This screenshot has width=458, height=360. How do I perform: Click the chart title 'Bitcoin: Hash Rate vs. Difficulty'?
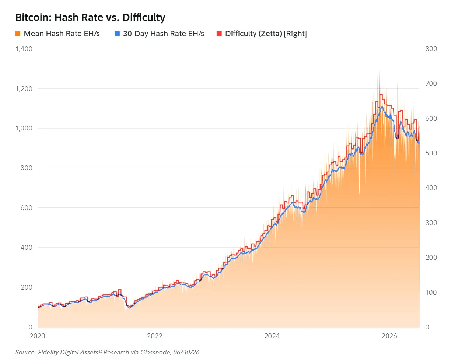point(90,17)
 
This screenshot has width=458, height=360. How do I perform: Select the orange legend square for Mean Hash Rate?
point(18,34)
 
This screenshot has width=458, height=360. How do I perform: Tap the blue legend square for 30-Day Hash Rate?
point(117,34)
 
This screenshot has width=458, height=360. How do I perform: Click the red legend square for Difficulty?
point(219,34)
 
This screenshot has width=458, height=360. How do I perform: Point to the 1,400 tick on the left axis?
point(24,49)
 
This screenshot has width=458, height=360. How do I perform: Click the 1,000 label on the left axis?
point(24,128)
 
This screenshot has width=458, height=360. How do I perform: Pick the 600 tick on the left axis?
point(27,208)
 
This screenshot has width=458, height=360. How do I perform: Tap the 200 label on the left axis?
point(27,287)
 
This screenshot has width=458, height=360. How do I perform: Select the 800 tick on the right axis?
point(431,49)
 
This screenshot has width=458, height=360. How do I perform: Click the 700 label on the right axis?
point(431,84)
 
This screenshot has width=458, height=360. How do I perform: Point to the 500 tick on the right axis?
point(431,153)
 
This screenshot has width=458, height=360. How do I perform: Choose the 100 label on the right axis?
point(431,293)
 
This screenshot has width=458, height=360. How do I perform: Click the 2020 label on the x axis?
point(38,336)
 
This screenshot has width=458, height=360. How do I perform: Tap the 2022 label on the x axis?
point(155,336)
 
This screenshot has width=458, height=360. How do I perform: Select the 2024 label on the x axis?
point(272,336)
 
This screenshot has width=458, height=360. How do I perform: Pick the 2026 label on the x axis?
point(389,336)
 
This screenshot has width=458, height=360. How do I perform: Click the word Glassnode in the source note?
point(155,352)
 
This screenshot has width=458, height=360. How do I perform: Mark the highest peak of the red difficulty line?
point(381,94)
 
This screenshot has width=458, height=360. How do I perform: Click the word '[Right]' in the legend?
point(295,34)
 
